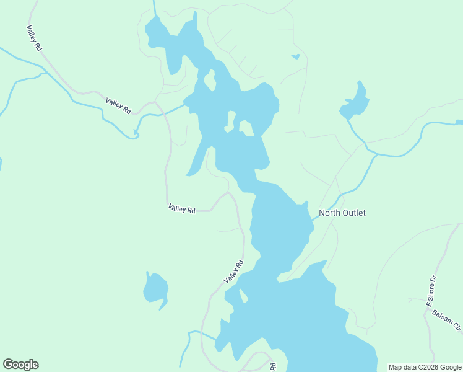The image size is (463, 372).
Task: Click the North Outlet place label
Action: coord(342,213)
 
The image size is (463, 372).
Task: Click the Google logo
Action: coord(20,365)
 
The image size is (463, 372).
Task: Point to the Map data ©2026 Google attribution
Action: coord(425,367)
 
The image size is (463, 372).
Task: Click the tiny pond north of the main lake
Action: coord(296,57)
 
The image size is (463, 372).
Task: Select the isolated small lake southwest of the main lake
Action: coord(155,288)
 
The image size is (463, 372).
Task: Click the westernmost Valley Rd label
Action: coord(34,38)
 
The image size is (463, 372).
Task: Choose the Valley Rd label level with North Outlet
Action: coord(181,209)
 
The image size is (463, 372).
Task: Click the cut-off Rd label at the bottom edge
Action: coord(273,367)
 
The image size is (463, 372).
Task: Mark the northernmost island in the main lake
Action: coord(210,79)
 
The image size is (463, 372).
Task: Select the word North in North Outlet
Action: coord(329,213)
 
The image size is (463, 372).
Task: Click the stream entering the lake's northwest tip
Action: coord(154,7)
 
